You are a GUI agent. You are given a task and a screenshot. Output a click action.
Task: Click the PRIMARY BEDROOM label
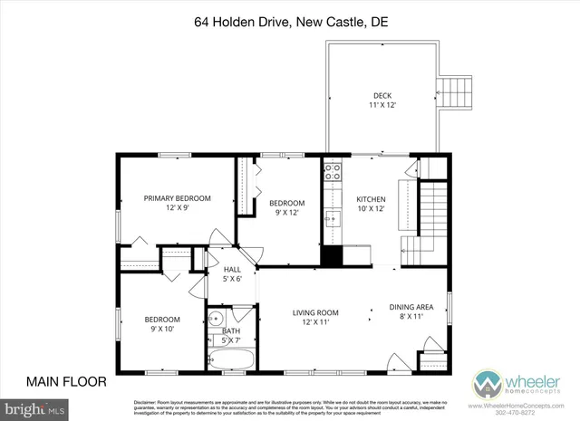(177, 198)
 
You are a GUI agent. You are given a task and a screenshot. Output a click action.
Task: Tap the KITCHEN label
(372, 198)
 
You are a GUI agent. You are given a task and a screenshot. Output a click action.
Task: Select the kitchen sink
(333, 218)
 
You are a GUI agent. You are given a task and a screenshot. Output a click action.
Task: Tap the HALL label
(232, 269)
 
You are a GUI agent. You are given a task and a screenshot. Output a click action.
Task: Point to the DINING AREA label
(411, 307)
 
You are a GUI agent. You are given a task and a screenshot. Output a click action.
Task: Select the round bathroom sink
(217, 319)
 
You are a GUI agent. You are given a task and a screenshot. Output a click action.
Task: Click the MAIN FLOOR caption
(66, 380)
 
